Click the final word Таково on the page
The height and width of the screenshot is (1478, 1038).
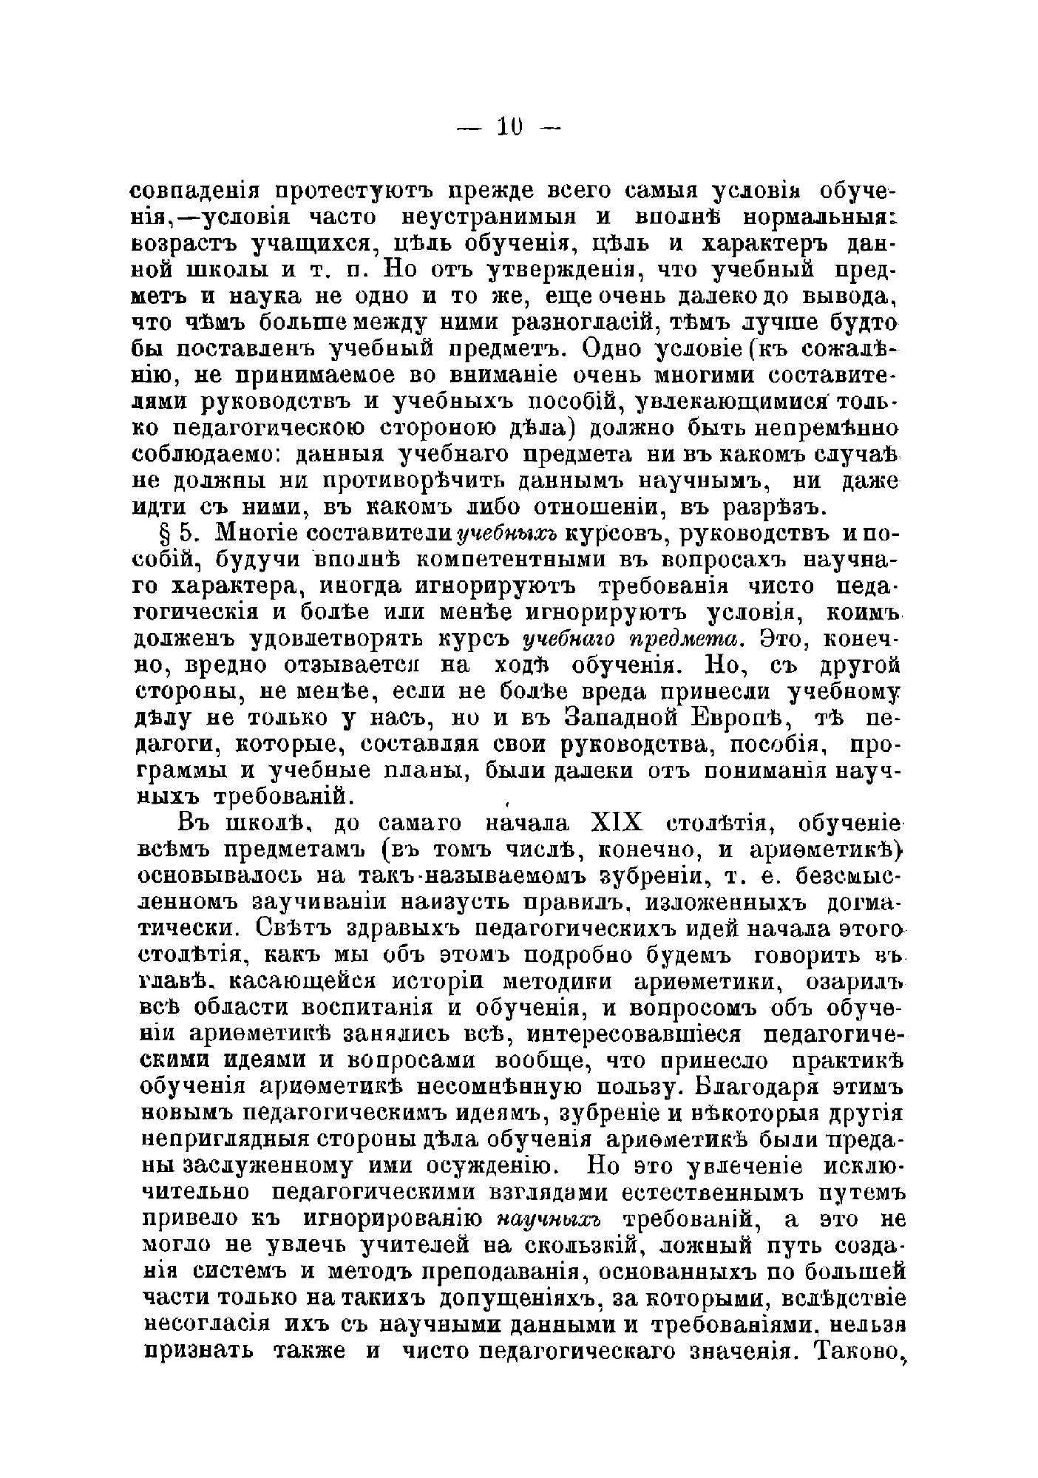coord(857,1349)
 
